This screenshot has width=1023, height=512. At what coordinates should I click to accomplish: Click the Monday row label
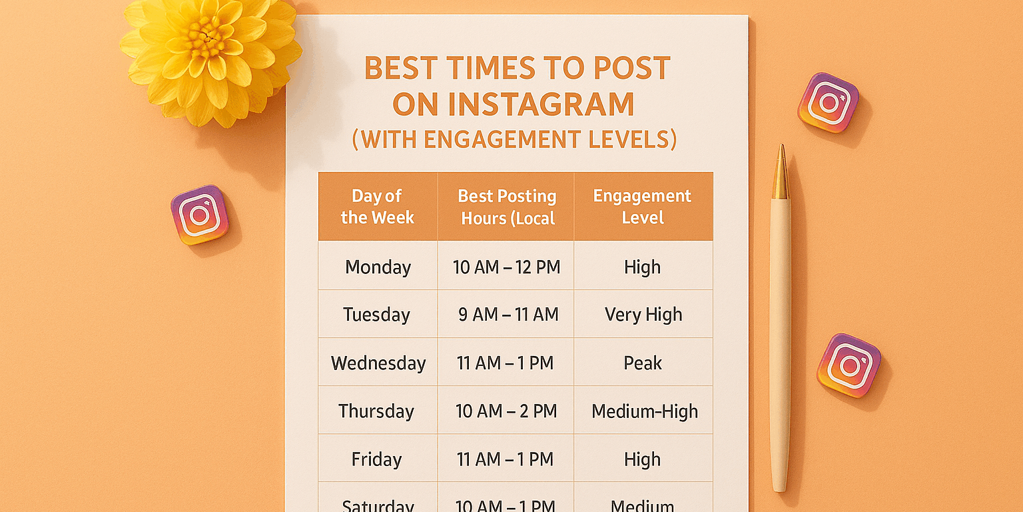378,267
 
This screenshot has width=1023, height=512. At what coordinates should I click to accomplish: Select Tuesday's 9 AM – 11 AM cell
508,315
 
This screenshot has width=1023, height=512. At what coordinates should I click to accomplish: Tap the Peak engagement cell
643,363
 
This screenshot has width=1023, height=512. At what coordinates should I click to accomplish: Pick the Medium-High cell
644,411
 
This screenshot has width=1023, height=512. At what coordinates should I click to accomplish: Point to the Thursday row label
376,411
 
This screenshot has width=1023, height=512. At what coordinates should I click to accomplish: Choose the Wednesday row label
378,363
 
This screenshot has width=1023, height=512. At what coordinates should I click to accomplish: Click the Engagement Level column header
642,207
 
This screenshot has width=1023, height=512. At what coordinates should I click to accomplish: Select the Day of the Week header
377,207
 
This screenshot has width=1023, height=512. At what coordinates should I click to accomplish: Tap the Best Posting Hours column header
506,207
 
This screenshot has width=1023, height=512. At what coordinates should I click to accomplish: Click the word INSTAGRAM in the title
513,105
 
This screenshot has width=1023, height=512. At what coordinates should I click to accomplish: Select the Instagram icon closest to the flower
199,215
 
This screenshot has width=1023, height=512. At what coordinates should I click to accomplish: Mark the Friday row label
376,459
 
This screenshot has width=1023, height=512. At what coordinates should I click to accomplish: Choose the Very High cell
643,315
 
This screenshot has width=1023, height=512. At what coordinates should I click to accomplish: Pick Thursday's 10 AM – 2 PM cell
506,411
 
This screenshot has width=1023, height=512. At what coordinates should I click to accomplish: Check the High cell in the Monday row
642,267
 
